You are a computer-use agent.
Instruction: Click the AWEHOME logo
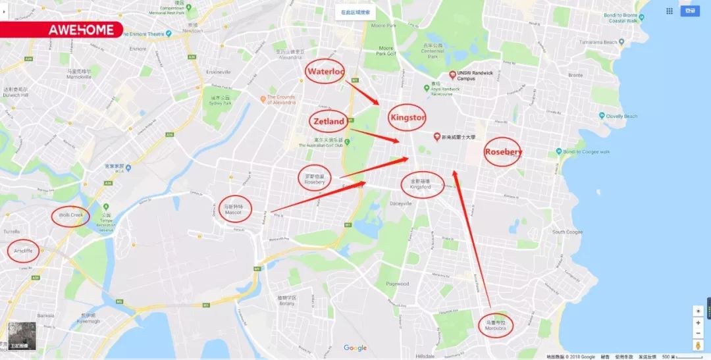point(81,30)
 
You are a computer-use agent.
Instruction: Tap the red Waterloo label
point(325,71)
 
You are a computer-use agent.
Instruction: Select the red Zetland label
point(328,121)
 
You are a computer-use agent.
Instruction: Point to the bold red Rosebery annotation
point(503,152)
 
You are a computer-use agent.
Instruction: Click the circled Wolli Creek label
point(70,215)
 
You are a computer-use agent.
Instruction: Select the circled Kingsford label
point(419,184)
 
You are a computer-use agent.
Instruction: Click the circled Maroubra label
point(495,324)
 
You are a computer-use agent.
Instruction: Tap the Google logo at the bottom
point(355,348)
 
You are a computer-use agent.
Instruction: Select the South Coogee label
point(567,232)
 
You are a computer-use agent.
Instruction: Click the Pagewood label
point(398,284)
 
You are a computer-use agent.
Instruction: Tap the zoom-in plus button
point(698,323)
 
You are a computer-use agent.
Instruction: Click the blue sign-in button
point(689,11)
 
